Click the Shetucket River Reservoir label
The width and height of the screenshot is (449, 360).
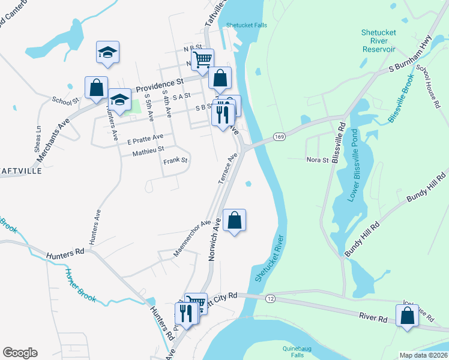(x=378, y=41)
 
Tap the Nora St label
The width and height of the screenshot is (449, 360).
(x=318, y=160)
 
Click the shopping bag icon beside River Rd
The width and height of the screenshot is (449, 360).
(x=408, y=316)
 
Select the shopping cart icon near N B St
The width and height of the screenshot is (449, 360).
(x=203, y=59)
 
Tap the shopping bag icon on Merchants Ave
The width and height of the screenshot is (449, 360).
(x=96, y=88)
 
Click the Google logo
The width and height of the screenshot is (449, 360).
(x=20, y=353)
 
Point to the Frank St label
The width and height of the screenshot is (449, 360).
(x=176, y=161)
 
